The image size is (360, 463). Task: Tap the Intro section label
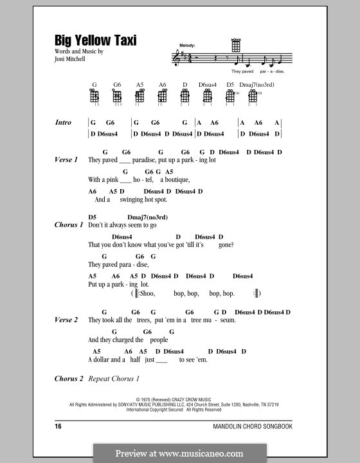tap(64, 122)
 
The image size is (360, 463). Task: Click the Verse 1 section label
tap(67, 159)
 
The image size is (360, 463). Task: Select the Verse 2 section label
tap(67, 320)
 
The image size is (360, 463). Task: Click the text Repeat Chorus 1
tap(113, 379)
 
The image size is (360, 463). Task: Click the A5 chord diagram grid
tap(140, 96)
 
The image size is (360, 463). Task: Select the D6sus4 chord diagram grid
tap(207, 96)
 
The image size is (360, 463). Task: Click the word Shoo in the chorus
tap(147, 293)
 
